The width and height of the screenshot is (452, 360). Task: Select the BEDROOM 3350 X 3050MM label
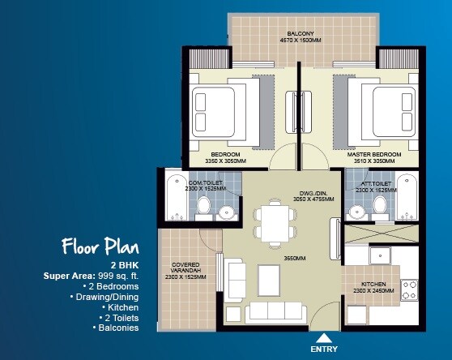coord(224,157)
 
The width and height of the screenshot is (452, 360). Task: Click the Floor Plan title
coord(100,246)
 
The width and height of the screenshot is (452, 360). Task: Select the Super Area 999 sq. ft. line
coord(92,276)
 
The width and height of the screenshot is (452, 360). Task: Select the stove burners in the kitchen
coord(407,289)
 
